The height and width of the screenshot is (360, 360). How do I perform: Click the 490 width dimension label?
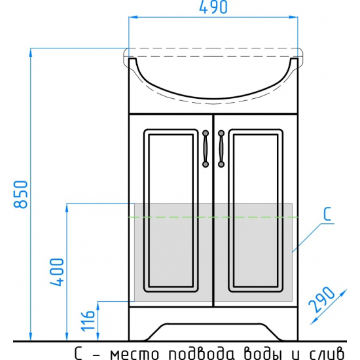(213, 7)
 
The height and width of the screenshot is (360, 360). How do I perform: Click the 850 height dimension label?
(21, 194)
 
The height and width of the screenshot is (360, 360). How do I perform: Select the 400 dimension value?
(57, 272)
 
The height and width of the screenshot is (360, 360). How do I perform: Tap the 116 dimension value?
(88, 321)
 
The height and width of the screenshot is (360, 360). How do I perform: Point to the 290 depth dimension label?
(321, 300)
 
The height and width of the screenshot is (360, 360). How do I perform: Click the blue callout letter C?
(327, 214)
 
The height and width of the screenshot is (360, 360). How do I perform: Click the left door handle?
(206, 149)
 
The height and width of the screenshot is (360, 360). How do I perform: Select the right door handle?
(221, 149)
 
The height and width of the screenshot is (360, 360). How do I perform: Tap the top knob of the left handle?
(206, 133)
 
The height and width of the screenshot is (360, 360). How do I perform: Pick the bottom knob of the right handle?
(221, 164)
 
